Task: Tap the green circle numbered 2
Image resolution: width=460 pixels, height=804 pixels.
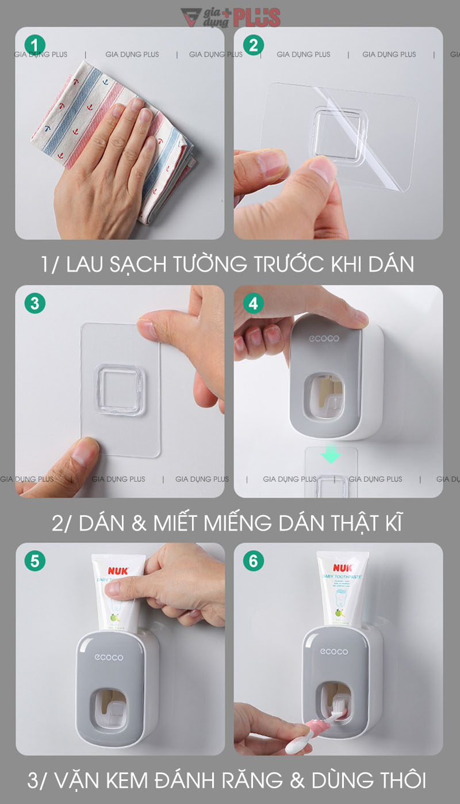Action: pos(254,45)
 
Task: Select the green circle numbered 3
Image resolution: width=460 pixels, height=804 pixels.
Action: pos(35,303)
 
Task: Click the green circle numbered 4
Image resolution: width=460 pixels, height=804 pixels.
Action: pos(254,303)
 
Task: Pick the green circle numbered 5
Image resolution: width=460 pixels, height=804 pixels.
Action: pos(35,561)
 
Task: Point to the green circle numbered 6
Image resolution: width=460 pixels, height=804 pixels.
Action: pos(254,561)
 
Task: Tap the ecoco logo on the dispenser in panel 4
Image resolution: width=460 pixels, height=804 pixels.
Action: pos(324,339)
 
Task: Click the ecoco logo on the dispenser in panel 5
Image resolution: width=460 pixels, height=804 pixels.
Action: pos(109,657)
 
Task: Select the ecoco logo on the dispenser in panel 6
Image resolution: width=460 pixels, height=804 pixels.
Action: pos(334,651)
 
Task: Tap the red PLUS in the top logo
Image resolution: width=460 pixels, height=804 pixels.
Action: pos(256,17)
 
